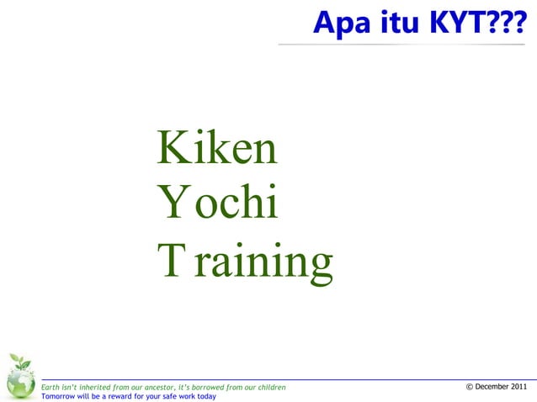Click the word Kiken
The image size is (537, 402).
[x=217, y=150]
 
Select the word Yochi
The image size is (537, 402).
[x=217, y=204]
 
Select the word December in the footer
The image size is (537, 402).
[x=493, y=387]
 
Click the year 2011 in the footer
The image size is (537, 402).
[x=520, y=387]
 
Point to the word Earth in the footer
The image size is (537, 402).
[x=51, y=387]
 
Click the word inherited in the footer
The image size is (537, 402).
[x=93, y=387]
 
